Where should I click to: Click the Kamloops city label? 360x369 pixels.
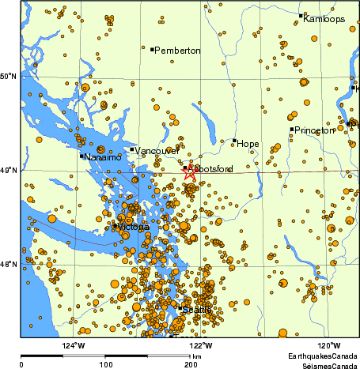[x=324, y=18]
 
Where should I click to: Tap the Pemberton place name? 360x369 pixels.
[x=177, y=51]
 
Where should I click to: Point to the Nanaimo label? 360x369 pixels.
[x=103, y=157]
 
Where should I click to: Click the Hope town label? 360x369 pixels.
[x=248, y=143]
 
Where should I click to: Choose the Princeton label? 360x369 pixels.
[x=314, y=130]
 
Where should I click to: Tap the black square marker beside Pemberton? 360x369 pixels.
[x=152, y=49]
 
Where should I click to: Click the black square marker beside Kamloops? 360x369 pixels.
[x=301, y=15]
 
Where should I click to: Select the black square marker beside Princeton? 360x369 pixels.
[x=291, y=129]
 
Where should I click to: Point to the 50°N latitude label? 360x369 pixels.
[x=9, y=76]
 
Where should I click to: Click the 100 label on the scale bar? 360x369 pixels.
[x=105, y=364]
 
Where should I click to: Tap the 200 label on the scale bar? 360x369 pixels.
[x=190, y=364]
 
